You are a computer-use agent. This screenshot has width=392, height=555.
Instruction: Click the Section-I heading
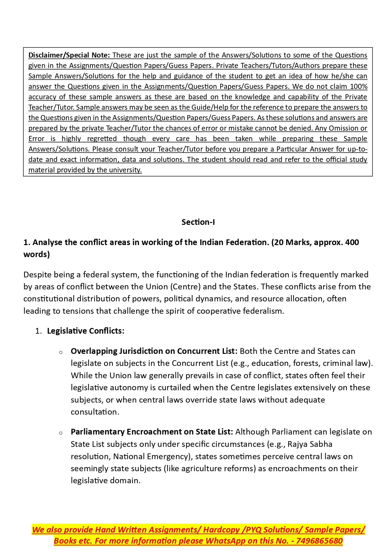pos(198,222)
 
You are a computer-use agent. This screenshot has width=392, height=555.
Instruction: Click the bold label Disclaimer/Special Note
pos(69,55)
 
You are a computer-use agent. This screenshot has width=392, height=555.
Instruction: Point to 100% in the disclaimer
pos(359,87)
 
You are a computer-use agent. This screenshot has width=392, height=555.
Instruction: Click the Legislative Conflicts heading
pos(86,331)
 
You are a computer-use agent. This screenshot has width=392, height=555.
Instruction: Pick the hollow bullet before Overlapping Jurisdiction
pos(61,352)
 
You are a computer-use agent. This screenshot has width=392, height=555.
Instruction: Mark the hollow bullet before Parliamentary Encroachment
pos(61,433)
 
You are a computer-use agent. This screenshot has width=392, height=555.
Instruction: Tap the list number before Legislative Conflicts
pos(39,331)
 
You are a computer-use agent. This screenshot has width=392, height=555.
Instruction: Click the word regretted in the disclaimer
pos(102,139)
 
